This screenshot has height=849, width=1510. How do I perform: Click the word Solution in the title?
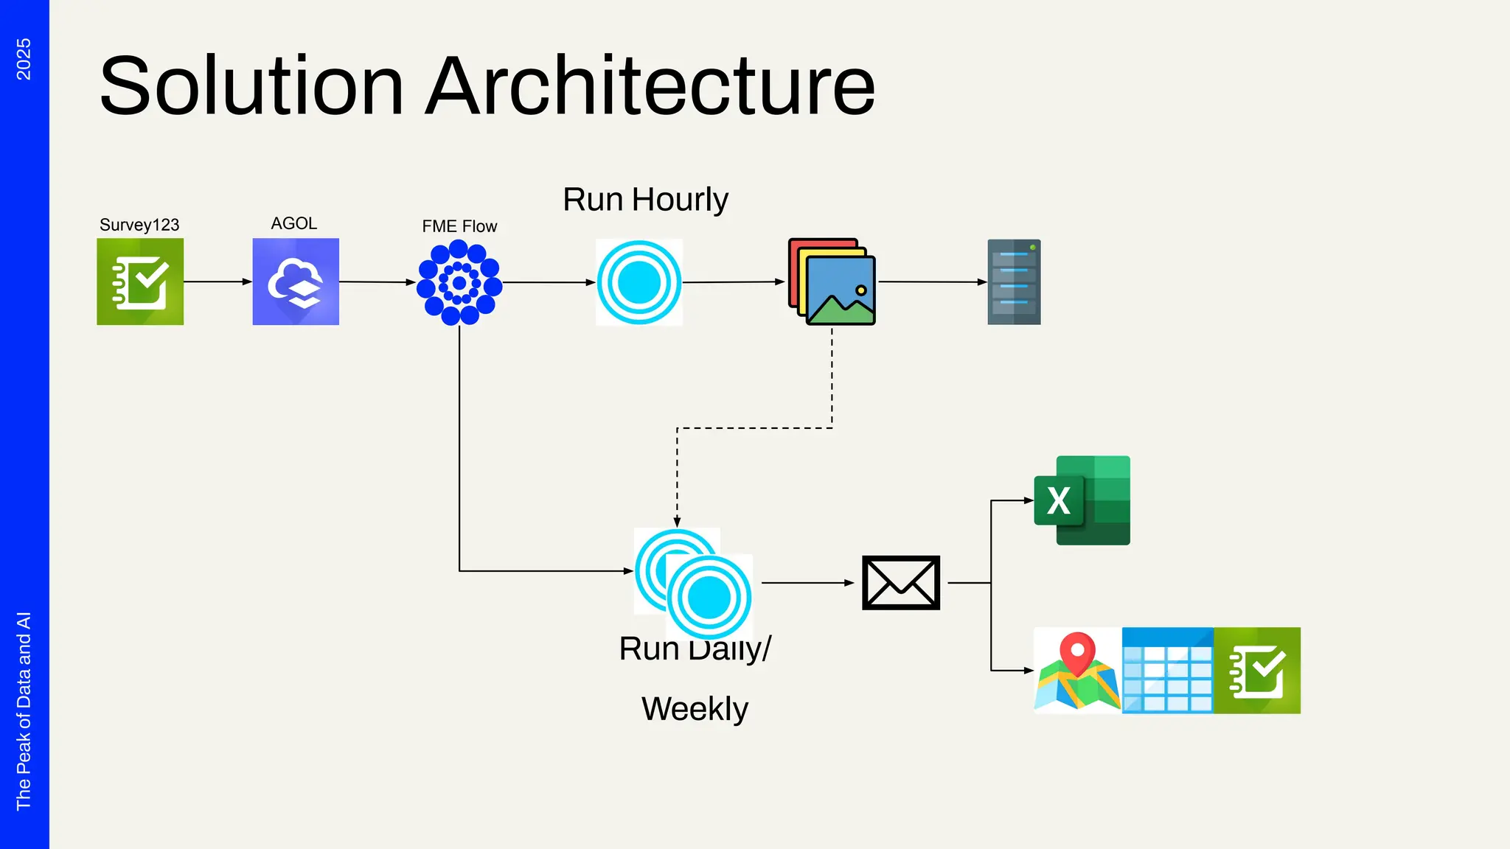tap(251, 87)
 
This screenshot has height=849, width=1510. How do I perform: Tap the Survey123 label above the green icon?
tap(139, 225)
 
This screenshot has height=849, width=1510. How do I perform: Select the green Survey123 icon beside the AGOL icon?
tap(140, 282)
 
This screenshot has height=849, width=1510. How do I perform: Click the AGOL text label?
tap(293, 223)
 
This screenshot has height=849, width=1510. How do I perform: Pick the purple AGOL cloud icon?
tap(296, 282)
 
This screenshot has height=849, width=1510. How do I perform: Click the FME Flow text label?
tap(459, 226)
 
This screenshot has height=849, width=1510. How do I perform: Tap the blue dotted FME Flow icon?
tap(459, 282)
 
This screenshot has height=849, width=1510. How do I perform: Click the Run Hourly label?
tap(645, 200)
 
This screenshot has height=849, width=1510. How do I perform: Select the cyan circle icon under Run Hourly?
tap(639, 282)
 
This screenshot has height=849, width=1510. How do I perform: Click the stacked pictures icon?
tap(832, 282)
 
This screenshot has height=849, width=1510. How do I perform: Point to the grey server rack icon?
tap(1014, 282)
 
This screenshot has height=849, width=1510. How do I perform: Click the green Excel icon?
tap(1082, 500)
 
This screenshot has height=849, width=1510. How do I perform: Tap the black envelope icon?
tap(900, 583)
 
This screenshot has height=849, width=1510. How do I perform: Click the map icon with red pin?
tap(1077, 671)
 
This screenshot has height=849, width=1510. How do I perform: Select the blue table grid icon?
tap(1167, 671)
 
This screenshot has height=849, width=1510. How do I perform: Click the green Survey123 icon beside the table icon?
tap(1257, 671)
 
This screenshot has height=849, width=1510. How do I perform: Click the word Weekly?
tap(695, 709)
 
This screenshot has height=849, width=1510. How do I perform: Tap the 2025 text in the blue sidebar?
tap(24, 59)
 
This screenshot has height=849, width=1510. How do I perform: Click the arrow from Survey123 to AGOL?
tap(218, 282)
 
